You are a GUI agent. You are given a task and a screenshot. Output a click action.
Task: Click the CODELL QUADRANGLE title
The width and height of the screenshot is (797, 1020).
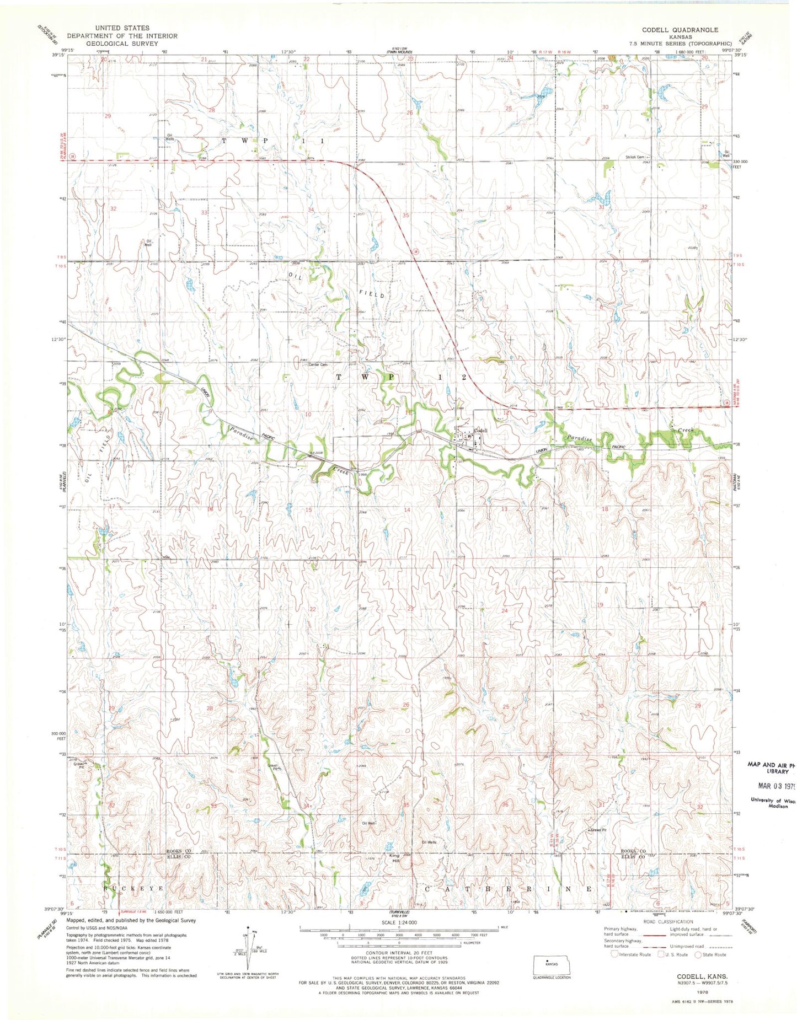pyautogui.click(x=680, y=30)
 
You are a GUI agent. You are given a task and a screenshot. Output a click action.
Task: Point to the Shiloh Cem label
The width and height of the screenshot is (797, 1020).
pyautogui.click(x=635, y=157)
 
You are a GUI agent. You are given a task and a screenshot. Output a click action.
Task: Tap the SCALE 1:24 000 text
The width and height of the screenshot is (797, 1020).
pyautogui.click(x=398, y=922)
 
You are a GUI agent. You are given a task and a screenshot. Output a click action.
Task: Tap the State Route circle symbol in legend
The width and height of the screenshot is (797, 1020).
pyautogui.click(x=698, y=954)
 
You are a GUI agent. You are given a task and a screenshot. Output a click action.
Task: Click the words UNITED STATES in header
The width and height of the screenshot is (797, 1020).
pyautogui.click(x=122, y=28)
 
